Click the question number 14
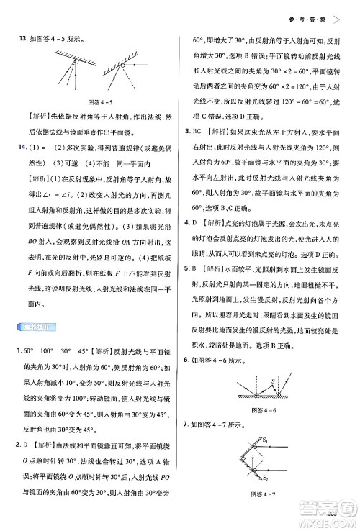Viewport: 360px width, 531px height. (13, 147)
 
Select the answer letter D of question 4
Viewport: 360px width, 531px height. (192, 223)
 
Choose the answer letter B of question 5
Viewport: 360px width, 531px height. (192, 289)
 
